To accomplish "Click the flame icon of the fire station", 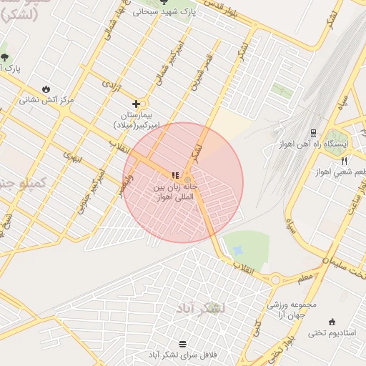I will (46, 89).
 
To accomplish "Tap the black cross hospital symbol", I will (136, 104).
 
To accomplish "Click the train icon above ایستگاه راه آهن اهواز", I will (313, 132).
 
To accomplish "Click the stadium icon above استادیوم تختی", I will (331, 322).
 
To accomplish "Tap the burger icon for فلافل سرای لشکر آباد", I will (182, 344).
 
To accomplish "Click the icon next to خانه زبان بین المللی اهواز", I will (175, 176).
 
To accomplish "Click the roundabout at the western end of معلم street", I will (275, 280).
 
